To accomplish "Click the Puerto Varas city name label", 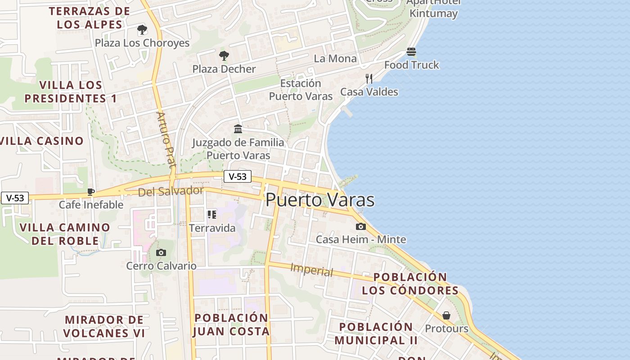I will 320,200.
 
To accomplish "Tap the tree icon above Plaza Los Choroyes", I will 142,30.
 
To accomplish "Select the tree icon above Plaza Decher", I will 224,56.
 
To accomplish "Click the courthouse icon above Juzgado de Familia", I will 238,129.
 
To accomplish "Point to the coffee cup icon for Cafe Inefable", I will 91,192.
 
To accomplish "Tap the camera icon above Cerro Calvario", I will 161,253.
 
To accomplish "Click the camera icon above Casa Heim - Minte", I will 360,227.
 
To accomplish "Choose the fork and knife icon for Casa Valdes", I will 369,79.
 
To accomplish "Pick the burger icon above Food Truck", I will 411,52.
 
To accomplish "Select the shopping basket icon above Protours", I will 446,315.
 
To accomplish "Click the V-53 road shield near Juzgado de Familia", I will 238,176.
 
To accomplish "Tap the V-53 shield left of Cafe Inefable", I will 15,198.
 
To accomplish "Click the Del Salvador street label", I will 171,191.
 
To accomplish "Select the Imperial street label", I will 312,270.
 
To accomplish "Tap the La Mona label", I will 335,58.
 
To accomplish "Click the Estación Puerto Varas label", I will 301,90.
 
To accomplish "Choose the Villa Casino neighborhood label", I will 42,141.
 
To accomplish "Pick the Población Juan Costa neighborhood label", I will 231,324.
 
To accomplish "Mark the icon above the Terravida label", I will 211,215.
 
